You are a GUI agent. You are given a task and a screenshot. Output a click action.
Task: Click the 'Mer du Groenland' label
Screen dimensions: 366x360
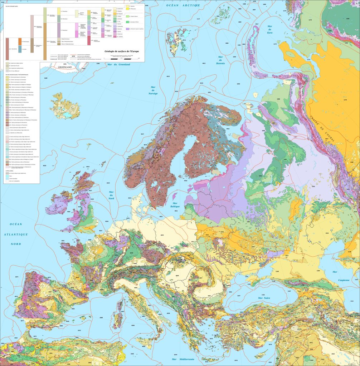coord(118,64)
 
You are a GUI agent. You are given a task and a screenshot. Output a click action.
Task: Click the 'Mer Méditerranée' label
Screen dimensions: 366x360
coord(183,359)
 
